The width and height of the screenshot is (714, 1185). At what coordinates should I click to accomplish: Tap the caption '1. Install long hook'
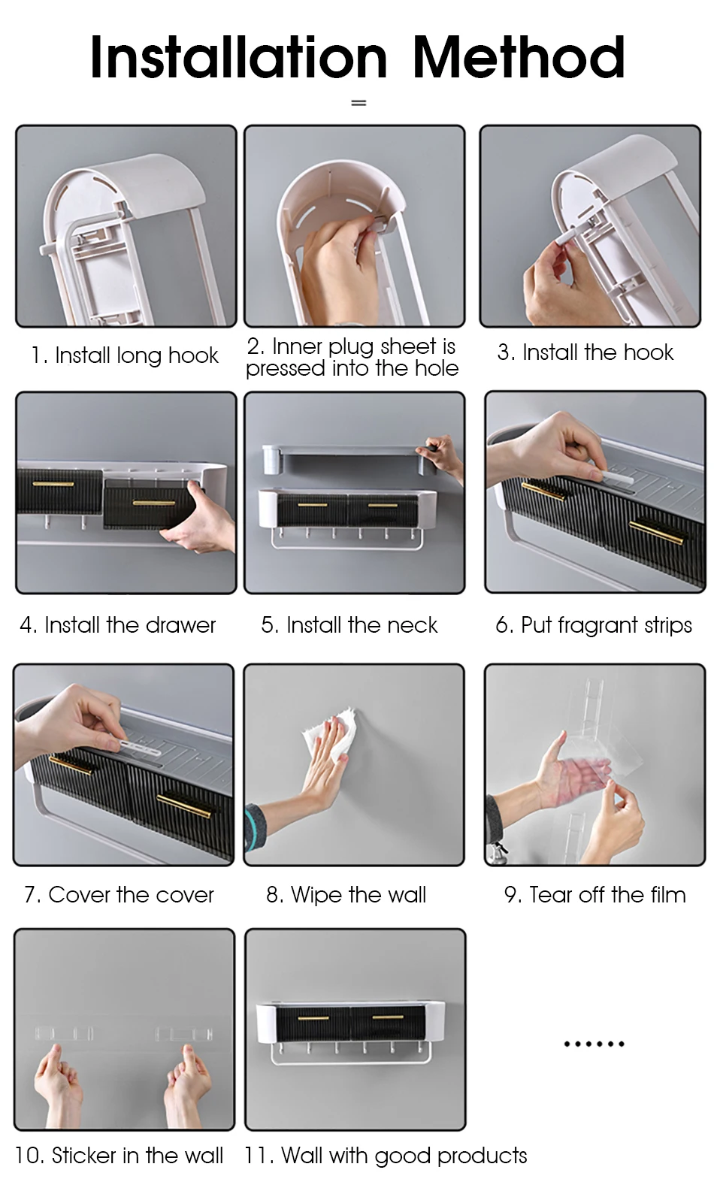(x=125, y=355)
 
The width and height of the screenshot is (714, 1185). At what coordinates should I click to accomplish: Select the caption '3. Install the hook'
(x=585, y=352)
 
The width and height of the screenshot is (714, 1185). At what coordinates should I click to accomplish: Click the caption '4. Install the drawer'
(x=118, y=624)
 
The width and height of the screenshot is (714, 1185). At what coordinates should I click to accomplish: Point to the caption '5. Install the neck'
(x=349, y=624)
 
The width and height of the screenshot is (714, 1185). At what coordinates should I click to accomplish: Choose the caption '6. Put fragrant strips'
(x=594, y=625)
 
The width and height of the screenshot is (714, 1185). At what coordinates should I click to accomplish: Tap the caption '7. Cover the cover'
(x=119, y=894)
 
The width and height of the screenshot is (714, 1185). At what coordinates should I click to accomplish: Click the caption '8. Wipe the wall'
(x=346, y=895)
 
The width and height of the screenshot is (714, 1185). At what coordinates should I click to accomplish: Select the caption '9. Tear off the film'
(x=595, y=894)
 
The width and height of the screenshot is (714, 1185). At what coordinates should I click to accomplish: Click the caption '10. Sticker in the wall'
(x=119, y=1156)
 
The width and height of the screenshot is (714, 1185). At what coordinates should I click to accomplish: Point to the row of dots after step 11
(x=594, y=1044)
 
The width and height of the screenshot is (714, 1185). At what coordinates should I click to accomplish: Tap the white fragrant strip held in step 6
(x=615, y=478)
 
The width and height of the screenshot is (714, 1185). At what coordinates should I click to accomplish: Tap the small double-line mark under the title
(x=359, y=103)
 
